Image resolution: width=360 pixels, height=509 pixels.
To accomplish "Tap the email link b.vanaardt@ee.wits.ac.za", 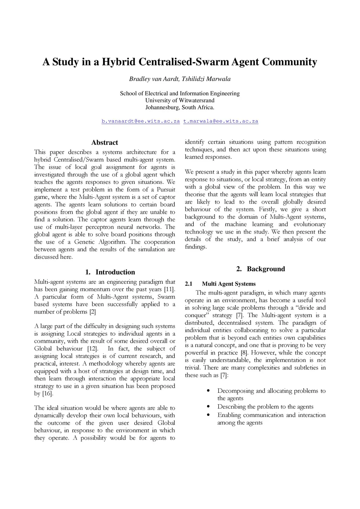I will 141,121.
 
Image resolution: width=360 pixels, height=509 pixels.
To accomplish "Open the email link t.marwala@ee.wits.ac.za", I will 221,121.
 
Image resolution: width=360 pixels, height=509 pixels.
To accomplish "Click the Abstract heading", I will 104,142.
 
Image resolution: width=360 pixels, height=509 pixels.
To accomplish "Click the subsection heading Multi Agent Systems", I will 229,284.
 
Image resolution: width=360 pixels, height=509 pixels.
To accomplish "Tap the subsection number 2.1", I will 189,284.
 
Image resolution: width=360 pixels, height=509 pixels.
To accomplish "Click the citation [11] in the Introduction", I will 169,289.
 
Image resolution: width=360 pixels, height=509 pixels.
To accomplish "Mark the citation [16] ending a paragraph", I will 47,394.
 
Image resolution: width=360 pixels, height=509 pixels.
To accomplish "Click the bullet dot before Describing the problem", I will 209,407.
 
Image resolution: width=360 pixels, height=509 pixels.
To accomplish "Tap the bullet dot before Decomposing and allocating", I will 209,391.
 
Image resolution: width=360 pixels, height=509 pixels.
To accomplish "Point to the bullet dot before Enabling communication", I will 209,415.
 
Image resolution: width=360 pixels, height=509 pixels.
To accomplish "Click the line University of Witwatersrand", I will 180,101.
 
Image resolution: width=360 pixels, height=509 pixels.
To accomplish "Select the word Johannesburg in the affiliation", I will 162,108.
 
